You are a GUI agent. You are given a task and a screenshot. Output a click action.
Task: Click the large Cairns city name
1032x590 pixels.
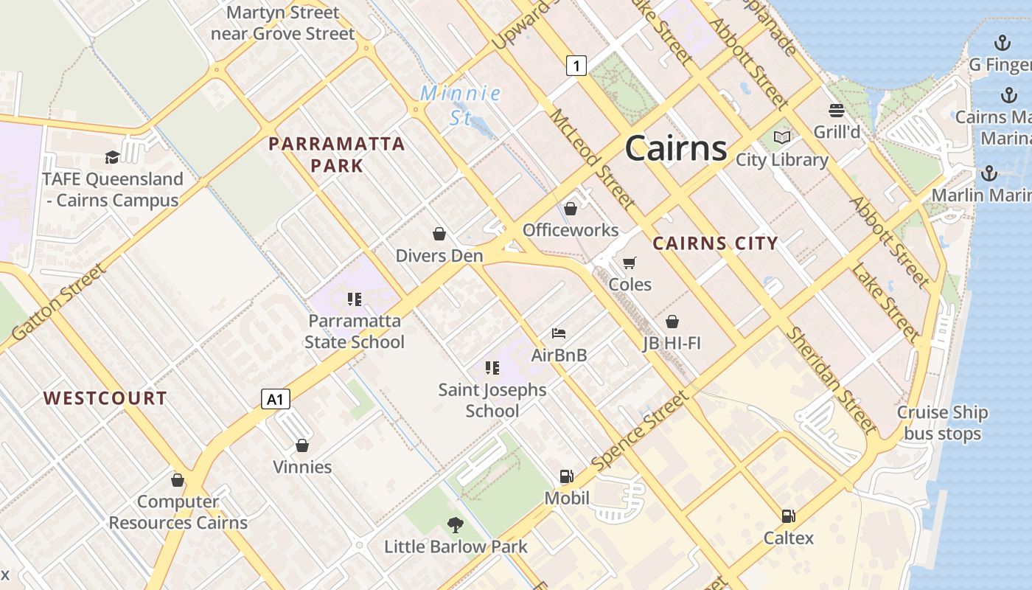click(676, 149)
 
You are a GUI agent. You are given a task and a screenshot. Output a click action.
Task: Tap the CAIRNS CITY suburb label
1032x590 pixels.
click(715, 243)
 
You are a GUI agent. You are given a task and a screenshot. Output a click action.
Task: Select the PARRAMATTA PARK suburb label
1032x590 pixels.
click(337, 154)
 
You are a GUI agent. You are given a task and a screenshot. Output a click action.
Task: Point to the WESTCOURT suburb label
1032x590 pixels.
click(105, 398)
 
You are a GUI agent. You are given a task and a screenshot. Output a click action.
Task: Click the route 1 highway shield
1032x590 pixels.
click(576, 66)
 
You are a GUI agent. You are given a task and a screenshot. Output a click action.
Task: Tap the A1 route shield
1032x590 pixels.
click(275, 400)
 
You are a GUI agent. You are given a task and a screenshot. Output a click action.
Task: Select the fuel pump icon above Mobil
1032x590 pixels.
click(566, 476)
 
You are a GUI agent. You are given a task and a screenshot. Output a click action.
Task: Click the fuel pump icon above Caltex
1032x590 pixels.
click(788, 516)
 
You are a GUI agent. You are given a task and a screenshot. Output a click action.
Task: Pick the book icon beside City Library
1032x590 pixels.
click(781, 137)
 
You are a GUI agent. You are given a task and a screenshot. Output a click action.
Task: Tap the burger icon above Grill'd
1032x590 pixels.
click(837, 111)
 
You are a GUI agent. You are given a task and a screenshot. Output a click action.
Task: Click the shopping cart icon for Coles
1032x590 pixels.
click(629, 263)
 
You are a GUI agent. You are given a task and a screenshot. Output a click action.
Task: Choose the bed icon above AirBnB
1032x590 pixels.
click(559, 333)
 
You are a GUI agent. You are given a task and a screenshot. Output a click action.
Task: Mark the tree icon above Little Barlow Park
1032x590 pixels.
click(456, 525)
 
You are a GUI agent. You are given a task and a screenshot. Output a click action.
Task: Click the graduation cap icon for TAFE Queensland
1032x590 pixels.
click(112, 157)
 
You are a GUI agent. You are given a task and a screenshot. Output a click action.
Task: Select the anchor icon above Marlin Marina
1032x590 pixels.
click(989, 173)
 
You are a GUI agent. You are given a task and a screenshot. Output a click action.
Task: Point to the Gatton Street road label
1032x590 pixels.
click(59, 302)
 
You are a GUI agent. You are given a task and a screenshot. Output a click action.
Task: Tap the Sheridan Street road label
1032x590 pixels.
click(831, 379)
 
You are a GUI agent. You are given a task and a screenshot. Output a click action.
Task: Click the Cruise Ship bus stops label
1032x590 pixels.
click(942, 423)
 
